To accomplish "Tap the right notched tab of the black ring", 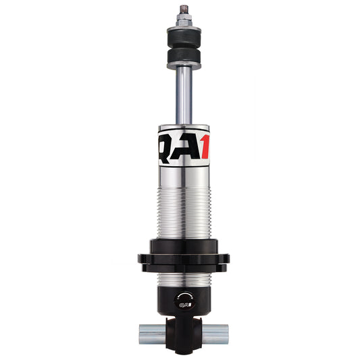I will click(x=225, y=259).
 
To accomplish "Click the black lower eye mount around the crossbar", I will click(x=180, y=331).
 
